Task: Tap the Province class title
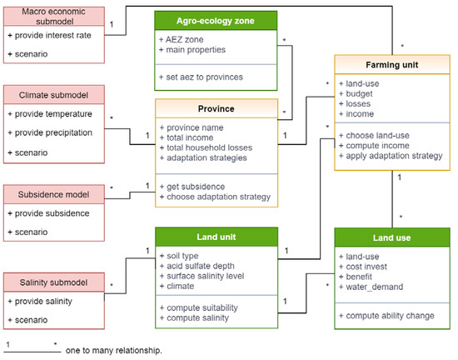tap(215, 108)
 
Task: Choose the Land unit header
tap(215, 237)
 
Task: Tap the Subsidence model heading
tap(53, 193)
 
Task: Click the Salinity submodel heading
tap(53, 282)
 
